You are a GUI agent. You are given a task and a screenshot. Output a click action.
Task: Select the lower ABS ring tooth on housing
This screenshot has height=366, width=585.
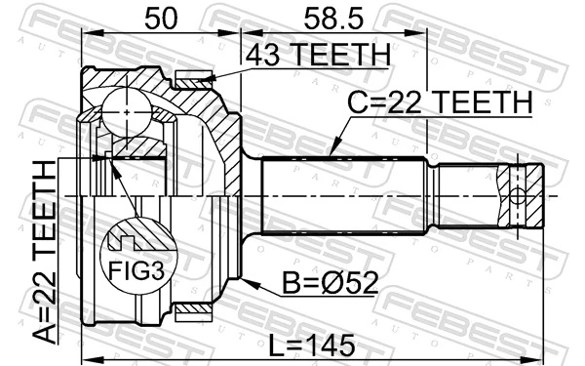(194, 311)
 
